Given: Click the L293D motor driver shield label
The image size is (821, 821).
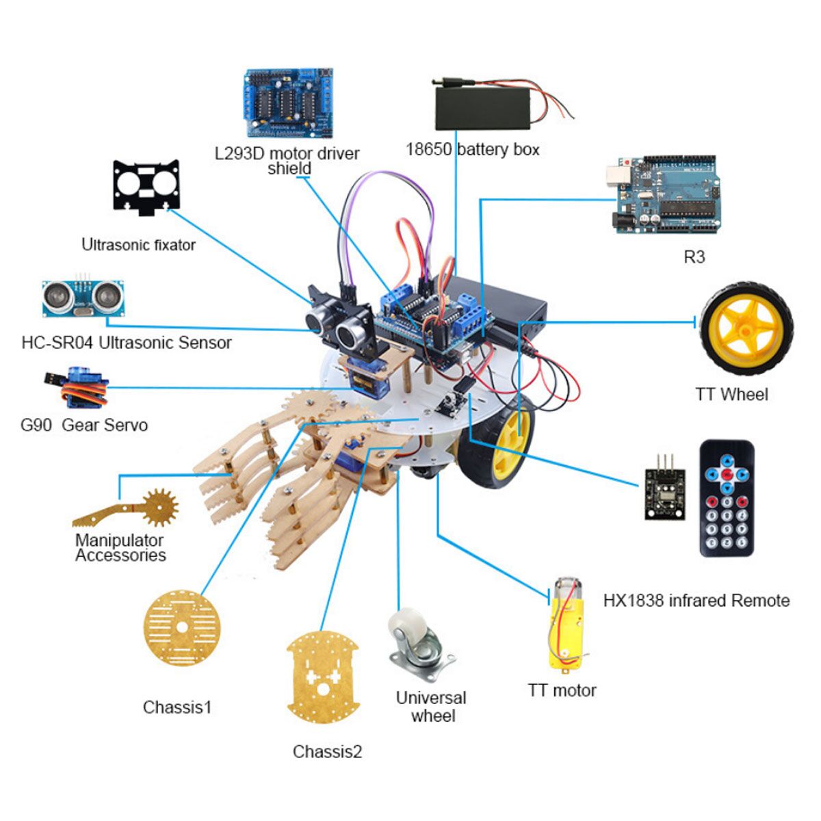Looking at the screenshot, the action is [x=287, y=161].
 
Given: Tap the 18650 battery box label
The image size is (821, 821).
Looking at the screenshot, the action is [x=473, y=150].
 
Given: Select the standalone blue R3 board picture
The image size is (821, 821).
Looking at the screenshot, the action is [x=663, y=194].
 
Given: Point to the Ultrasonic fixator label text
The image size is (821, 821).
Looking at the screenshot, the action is [x=138, y=244].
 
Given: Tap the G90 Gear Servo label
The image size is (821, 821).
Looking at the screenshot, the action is [x=84, y=425].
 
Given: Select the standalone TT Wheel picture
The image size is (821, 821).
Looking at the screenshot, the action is [x=746, y=329].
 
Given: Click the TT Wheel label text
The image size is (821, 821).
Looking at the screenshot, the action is [x=731, y=394].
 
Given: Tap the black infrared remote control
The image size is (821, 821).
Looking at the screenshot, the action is [x=727, y=499].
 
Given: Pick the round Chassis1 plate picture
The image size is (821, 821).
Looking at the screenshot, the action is [x=182, y=627].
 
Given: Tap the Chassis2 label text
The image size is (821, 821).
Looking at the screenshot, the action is [x=327, y=751].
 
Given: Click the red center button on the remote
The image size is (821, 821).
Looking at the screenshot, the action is [x=727, y=473].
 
